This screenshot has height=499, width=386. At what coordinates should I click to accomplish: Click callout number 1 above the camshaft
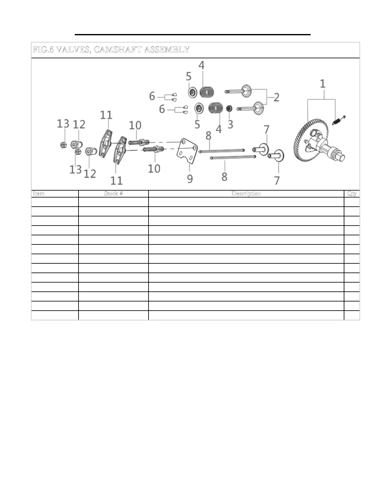[x=322, y=84]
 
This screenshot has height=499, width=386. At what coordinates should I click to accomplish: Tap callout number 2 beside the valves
[x=276, y=97]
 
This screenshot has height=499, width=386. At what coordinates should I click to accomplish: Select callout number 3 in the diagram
[x=230, y=124]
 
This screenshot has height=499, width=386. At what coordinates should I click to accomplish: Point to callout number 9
[x=190, y=178]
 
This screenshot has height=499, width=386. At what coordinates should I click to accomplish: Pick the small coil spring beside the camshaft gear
[x=340, y=120]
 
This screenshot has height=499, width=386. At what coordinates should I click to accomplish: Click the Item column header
[x=39, y=193]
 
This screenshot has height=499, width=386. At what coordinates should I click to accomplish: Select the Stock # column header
[x=113, y=193]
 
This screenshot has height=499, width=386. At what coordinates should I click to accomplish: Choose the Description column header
[x=246, y=193]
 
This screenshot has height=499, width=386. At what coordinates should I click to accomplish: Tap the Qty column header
[x=352, y=193]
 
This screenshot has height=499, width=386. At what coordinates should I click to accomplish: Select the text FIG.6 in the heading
[x=43, y=50]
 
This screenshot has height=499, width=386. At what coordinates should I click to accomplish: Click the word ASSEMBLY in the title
[x=167, y=50]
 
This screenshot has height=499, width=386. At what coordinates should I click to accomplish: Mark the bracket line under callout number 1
[x=322, y=100]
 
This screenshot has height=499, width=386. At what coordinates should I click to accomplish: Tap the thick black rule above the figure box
[x=193, y=34]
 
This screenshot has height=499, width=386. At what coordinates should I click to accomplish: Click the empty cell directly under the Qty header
[x=352, y=202]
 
